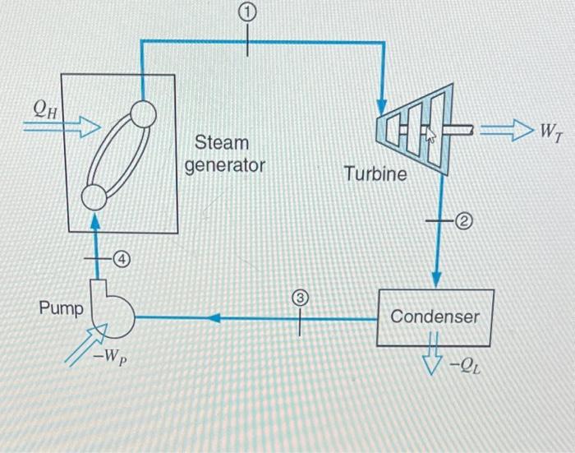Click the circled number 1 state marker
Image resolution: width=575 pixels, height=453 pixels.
(x=249, y=12)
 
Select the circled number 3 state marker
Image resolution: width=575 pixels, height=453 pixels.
(x=300, y=300)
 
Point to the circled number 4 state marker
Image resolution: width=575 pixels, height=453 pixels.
(x=122, y=259)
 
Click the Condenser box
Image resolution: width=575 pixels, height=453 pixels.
(x=435, y=317)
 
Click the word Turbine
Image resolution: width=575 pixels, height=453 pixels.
(x=375, y=173)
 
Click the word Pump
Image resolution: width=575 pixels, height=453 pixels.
(x=61, y=309)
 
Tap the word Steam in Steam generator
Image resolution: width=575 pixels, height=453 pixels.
(x=221, y=143)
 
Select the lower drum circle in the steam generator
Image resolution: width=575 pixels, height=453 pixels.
(x=94, y=196)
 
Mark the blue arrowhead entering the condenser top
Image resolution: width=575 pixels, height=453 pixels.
(x=436, y=277)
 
